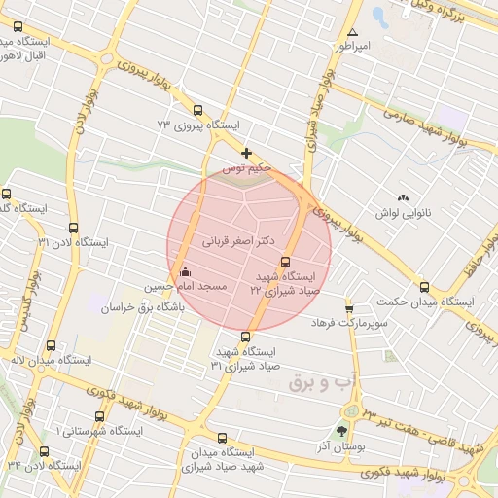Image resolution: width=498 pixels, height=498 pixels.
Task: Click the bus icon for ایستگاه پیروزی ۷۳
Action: pyautogui.click(x=198, y=110)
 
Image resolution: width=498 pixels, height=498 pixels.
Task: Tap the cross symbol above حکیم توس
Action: pyautogui.click(x=247, y=153)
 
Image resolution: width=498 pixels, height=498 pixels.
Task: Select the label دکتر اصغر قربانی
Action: pyautogui.click(x=238, y=238)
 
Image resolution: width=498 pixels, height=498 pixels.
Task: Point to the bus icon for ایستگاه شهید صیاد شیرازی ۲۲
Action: pyautogui.click(x=285, y=261)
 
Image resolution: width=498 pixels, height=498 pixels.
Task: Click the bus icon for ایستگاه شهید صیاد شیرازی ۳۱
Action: pyautogui.click(x=244, y=337)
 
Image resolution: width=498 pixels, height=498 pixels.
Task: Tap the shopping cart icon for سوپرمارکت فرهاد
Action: pyautogui.click(x=349, y=308)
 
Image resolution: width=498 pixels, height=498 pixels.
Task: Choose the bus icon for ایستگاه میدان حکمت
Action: pyautogui.click(x=423, y=287)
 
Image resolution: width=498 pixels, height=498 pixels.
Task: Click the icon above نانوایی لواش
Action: pyautogui.click(x=403, y=197)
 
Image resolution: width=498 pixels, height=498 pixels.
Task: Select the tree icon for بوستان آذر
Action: pyautogui.click(x=340, y=431)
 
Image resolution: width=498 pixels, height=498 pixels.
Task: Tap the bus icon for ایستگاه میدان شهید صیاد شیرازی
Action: pyautogui.click(x=223, y=438)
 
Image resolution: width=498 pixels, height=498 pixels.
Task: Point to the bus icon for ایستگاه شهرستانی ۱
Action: pyautogui.click(x=98, y=415)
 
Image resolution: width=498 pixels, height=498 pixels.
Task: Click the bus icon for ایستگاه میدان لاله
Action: pyautogui.click(x=52, y=344)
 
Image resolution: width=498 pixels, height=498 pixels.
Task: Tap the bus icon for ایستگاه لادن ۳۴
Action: pyautogui.click(x=44, y=450)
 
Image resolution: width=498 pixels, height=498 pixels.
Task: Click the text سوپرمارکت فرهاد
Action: pyautogui.click(x=351, y=322)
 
